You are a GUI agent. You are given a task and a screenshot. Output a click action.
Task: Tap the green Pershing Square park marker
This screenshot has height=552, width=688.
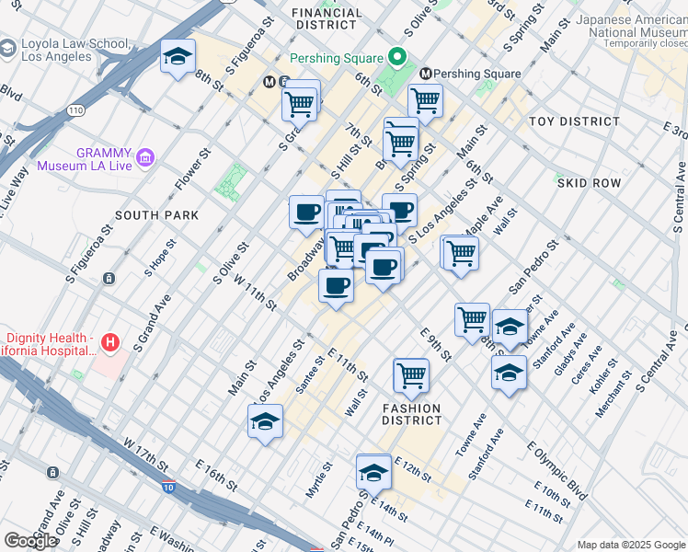point(397,58)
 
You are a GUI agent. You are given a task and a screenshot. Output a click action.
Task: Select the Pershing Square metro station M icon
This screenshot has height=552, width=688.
point(426,74)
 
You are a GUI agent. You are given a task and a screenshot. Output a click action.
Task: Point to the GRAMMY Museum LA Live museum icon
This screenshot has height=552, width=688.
point(144,159)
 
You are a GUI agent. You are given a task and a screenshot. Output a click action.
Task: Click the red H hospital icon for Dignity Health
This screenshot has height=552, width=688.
point(110,343)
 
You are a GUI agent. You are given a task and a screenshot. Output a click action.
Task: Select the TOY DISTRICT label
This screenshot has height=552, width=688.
point(574,121)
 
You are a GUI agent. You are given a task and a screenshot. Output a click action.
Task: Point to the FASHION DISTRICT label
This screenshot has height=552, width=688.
point(413,414)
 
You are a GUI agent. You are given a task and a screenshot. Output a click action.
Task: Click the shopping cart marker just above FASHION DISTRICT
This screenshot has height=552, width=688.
point(410,374)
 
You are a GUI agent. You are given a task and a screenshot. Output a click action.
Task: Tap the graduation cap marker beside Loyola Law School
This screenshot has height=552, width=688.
point(178,58)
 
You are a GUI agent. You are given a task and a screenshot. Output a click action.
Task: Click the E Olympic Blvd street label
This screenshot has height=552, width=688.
point(556,471)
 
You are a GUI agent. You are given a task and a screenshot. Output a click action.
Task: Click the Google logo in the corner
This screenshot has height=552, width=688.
point(29,541)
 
